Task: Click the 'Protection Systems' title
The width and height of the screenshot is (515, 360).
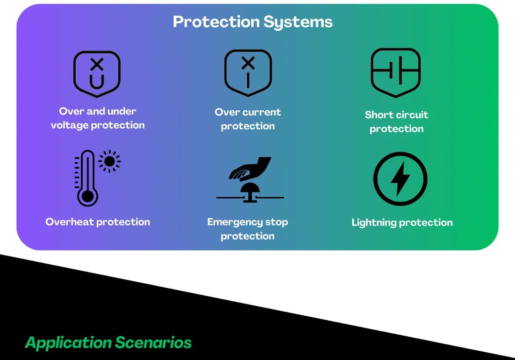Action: point(253,22)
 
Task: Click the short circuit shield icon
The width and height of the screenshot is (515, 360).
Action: point(395,72)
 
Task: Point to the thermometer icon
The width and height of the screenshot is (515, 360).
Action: point(87,177)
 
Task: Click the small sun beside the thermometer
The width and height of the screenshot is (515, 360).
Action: point(110,161)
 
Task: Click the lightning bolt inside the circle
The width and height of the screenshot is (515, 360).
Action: point(400,178)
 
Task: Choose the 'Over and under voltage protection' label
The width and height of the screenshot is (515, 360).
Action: point(98,118)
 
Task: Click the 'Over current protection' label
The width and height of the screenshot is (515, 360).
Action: point(248,119)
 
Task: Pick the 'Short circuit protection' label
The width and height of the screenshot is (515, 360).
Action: point(396,121)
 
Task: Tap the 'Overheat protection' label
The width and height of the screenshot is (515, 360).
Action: point(98,222)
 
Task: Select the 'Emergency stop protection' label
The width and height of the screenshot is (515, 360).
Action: point(248,229)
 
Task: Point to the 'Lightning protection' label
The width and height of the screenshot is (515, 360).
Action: point(402,223)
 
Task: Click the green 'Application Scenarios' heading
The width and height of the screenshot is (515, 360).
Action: point(108,343)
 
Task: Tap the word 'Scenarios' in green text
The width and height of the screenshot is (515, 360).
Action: point(154,343)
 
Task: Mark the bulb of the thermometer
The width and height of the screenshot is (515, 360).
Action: point(87,196)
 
